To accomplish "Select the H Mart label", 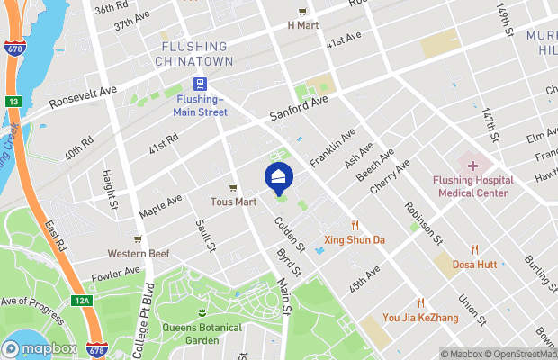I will coord(303,25).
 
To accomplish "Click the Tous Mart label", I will coord(233,201).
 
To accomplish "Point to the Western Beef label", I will coord(139,253).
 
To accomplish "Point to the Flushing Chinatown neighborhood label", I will coord(194,53).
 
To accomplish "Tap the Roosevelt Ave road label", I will coord(84,95).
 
